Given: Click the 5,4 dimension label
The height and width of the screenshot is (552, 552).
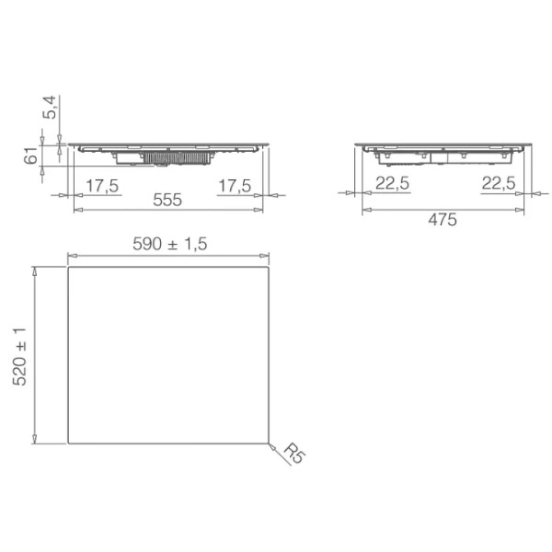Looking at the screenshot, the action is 50,107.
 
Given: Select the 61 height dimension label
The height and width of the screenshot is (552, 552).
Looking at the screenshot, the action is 30,155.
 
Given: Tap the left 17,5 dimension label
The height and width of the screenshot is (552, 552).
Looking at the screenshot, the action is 102,186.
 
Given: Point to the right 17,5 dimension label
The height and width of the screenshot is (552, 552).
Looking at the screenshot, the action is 235,186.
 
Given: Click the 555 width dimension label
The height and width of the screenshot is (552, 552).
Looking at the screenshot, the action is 167,200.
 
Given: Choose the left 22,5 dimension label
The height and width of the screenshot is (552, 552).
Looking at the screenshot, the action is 392,183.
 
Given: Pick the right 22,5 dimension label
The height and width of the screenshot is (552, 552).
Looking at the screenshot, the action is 499,183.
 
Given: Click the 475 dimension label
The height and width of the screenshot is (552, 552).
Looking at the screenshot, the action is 443,220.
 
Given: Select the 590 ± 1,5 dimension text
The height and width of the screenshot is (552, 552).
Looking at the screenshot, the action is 169,244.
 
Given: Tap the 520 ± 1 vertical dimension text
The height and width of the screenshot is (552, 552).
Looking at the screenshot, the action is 19,356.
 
